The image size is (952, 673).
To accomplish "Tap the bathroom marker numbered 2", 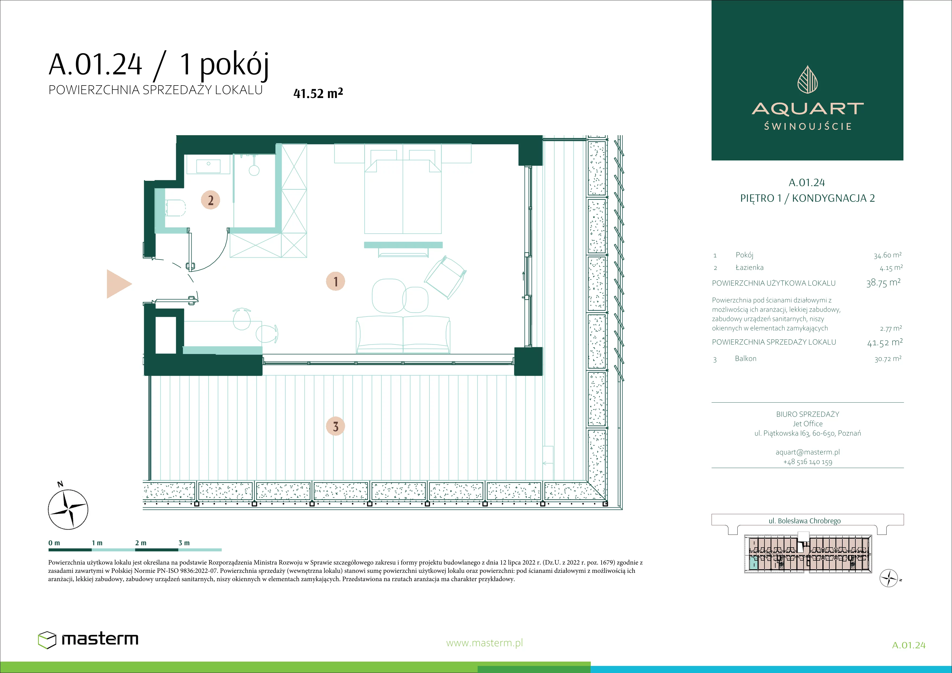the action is tap(211, 200).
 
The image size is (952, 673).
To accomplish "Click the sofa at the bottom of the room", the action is tap(403, 335).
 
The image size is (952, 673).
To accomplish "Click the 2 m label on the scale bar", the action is tap(141, 543).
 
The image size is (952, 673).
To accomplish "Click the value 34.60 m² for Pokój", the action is tap(887, 255).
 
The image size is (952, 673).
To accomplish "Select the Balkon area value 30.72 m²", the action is tap(888, 359).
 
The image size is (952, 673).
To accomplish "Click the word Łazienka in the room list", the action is tap(749, 267).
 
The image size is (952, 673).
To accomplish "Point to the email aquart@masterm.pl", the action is tap(808, 452).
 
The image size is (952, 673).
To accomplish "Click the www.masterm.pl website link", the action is tap(484, 643).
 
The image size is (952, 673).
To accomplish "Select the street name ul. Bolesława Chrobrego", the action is tap(805, 521).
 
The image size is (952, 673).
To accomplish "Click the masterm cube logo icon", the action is tap(47, 640).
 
